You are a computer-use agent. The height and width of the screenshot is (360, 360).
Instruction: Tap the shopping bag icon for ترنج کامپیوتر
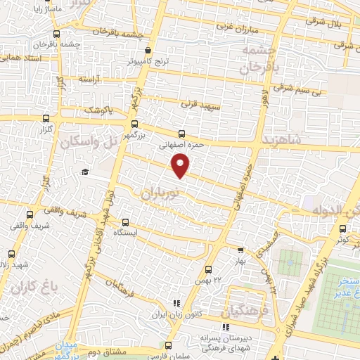click(148, 51)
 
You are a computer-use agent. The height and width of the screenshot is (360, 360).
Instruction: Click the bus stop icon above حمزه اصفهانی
click(182, 134)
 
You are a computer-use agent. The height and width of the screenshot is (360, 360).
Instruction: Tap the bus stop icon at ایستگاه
click(126, 221)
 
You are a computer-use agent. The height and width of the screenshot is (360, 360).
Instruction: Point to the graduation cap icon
click(85, 172)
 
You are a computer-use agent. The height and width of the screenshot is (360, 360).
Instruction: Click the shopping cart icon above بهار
click(240, 250)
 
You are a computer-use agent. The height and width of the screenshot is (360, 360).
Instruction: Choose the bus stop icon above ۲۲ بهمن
click(208, 269)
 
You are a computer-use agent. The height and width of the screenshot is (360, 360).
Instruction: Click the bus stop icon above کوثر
click(342, 228)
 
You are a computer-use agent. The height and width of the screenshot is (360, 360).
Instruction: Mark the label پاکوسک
click(98, 111)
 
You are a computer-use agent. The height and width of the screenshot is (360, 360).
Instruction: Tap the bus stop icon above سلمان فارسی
click(169, 345)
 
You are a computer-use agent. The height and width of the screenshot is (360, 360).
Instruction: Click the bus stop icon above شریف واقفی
click(30, 215)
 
